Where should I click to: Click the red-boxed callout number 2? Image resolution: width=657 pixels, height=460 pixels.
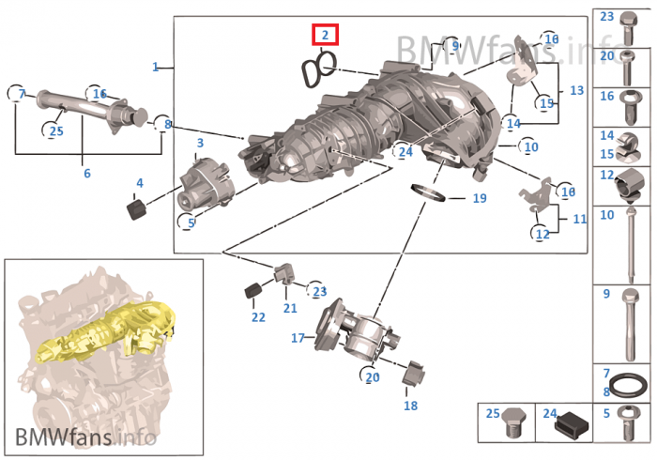pyautogui.click(x=325, y=35)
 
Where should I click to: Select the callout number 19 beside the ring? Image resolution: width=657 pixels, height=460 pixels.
pyautogui.click(x=480, y=198)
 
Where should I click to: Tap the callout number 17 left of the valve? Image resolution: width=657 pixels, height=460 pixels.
pyautogui.click(x=298, y=338)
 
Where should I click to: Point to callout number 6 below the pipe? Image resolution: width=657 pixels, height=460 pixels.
pyautogui.click(x=86, y=173)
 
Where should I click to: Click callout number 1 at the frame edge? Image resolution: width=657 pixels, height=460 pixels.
pyautogui.click(x=155, y=67)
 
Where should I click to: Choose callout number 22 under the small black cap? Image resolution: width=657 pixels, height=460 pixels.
pyautogui.click(x=258, y=317)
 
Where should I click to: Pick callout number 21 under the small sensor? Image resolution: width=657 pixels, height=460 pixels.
pyautogui.click(x=290, y=308)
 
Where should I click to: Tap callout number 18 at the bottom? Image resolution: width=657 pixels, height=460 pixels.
pyautogui.click(x=411, y=406)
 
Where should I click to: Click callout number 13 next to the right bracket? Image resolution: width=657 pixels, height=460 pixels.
pyautogui.click(x=576, y=90)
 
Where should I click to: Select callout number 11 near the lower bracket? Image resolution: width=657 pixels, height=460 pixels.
pyautogui.click(x=579, y=219)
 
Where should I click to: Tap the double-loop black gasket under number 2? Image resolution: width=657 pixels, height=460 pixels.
pyautogui.click(x=318, y=69)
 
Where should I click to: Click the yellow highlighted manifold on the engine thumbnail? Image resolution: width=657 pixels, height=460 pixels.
pyautogui.click(x=105, y=333)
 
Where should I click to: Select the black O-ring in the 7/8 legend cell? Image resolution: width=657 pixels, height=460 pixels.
pyautogui.click(x=628, y=385)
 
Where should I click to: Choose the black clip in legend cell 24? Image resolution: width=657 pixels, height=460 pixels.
pyautogui.click(x=572, y=424)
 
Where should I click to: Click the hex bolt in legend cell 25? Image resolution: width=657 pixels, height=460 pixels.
pyautogui.click(x=514, y=422)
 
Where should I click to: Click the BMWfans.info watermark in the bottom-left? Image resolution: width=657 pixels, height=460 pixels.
pyautogui.click(x=86, y=437)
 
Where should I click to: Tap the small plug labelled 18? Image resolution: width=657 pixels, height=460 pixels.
pyautogui.click(x=413, y=373)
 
